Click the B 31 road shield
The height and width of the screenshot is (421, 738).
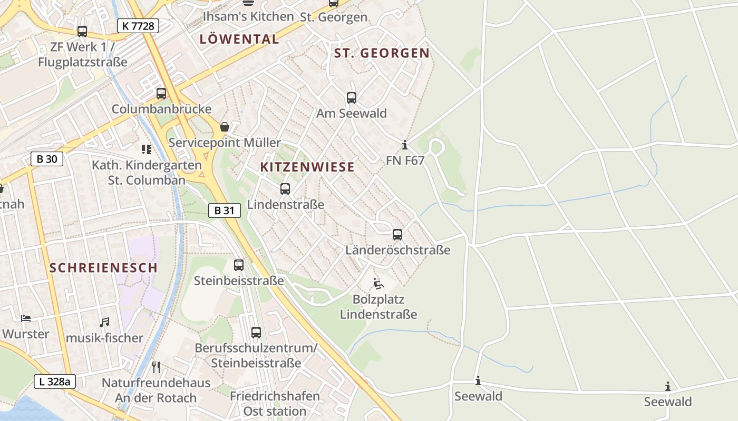224,210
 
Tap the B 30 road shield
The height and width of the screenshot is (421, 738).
47,159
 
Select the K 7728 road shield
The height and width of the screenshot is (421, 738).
138,25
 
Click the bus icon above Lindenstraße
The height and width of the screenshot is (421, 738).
285,188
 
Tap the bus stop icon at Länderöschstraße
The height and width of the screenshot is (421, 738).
397,234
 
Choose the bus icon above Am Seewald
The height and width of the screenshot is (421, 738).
352,97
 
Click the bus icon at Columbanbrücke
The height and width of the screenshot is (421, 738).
161,94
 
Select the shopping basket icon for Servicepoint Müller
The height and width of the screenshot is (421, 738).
225,127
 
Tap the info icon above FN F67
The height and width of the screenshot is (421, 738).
405,145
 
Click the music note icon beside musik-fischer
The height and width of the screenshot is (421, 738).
104,322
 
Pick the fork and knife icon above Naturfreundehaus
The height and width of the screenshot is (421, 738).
156,367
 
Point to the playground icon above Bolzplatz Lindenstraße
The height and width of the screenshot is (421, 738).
378,284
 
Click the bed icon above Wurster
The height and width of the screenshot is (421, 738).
25,318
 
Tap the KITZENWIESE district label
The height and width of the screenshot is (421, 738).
307,167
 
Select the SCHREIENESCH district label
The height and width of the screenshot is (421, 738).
103,267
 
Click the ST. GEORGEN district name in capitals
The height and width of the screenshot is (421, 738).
382,53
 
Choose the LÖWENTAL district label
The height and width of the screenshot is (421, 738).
239,39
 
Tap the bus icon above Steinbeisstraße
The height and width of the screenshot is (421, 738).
239,265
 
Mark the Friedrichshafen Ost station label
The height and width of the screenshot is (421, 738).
275,403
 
